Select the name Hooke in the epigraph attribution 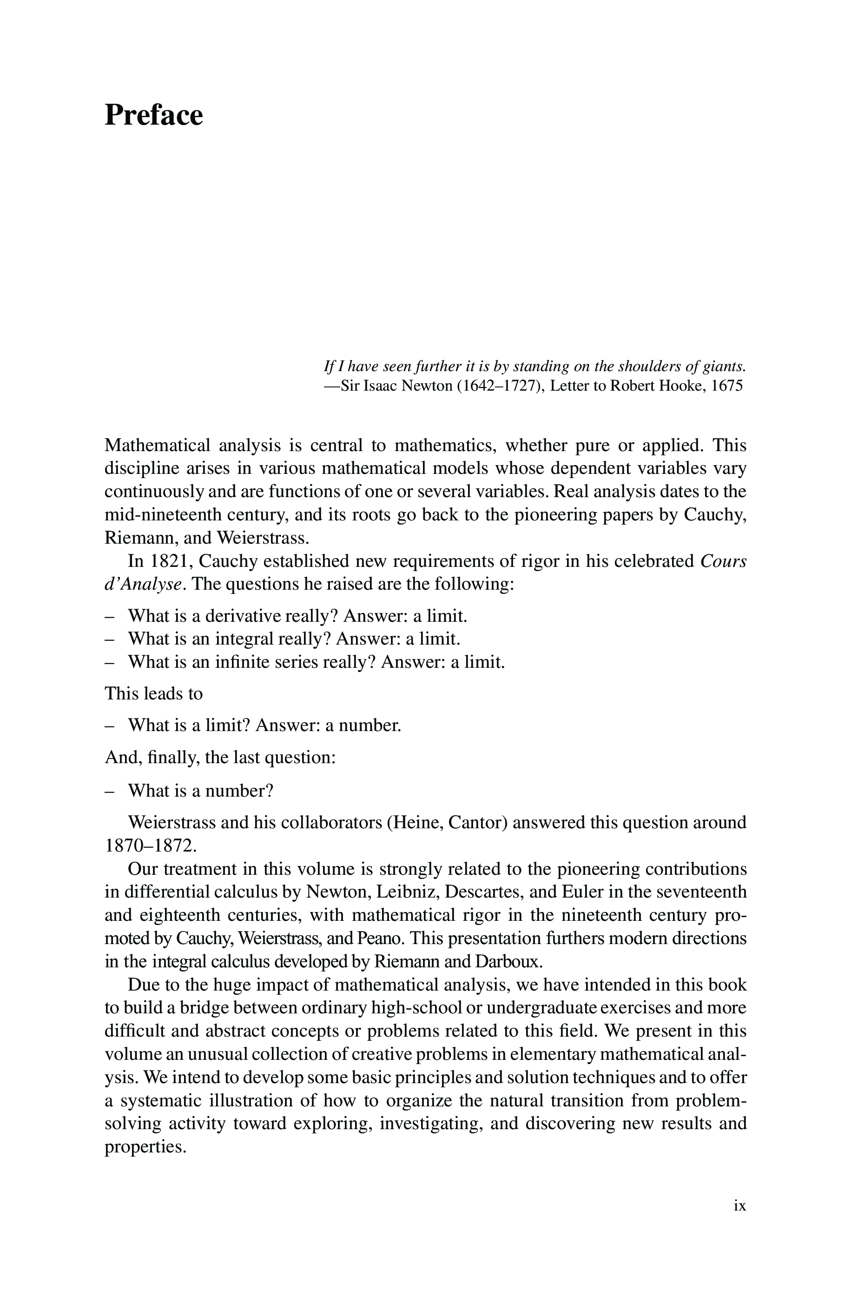tap(679, 386)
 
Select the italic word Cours tap(724, 561)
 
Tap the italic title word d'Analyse tap(142, 584)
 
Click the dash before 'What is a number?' tap(110, 791)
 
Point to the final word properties tap(145, 1147)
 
